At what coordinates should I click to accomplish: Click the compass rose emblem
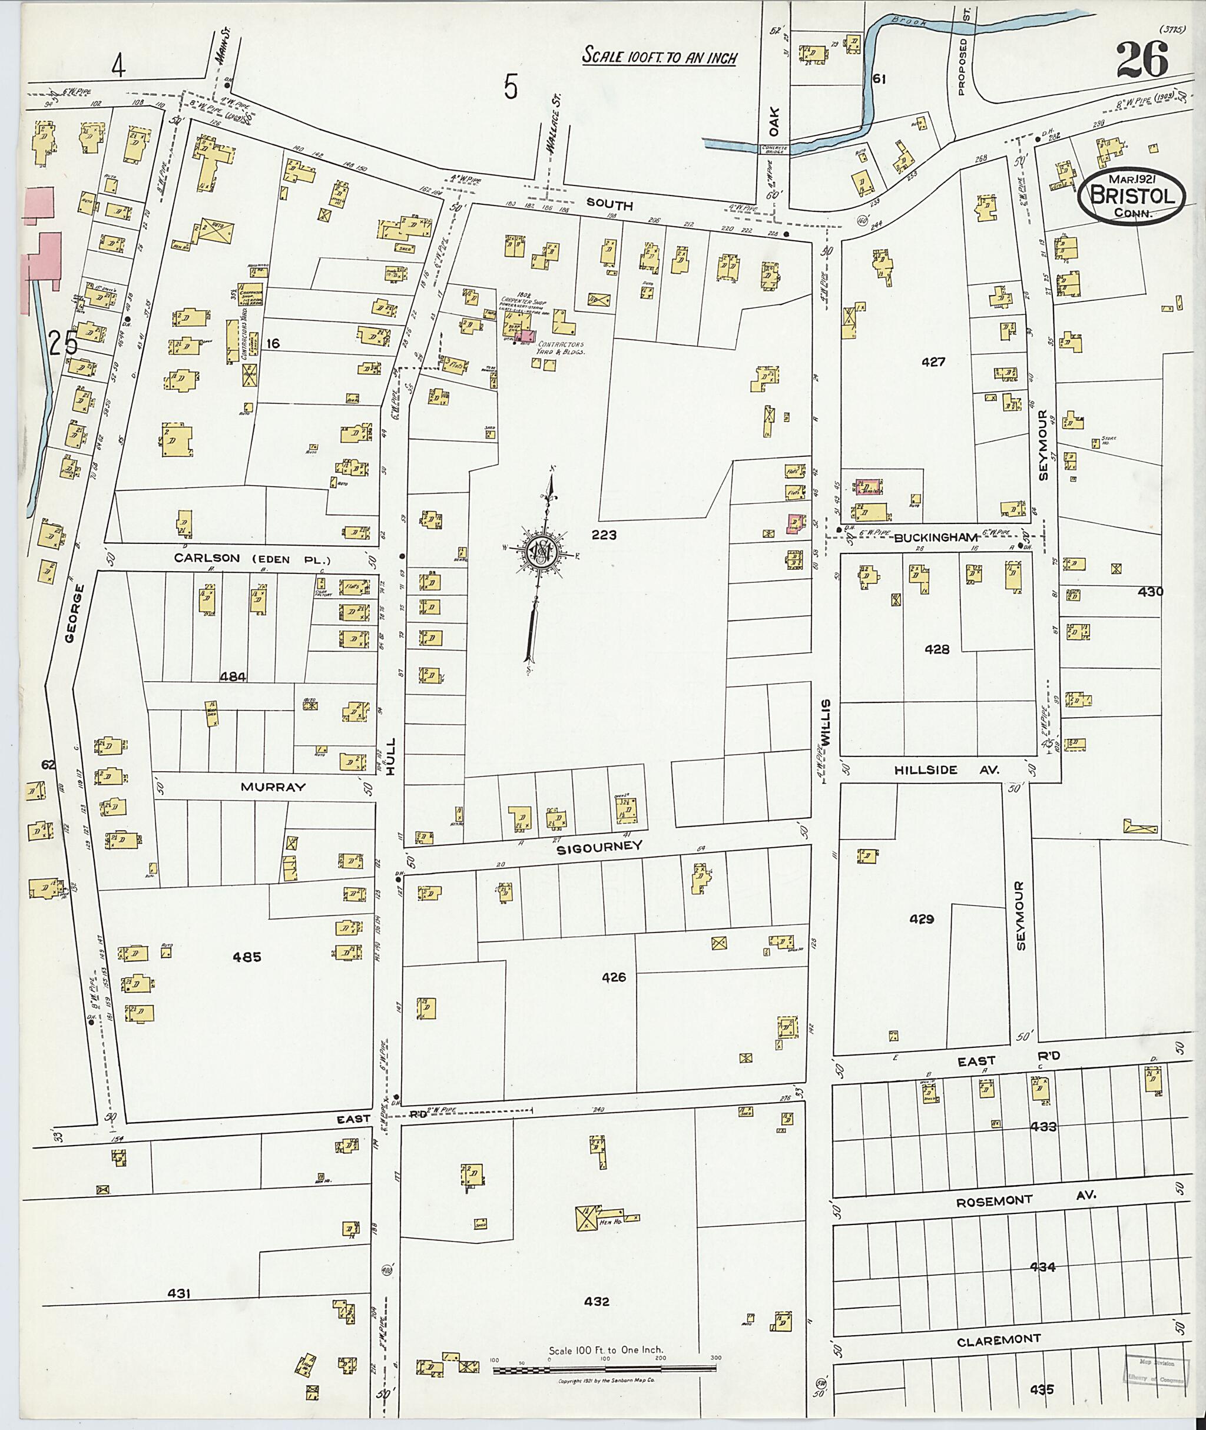[540, 550]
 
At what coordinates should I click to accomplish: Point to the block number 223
[604, 535]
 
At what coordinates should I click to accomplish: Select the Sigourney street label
[599, 846]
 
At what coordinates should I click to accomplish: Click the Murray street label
[272, 787]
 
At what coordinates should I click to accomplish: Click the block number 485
[246, 957]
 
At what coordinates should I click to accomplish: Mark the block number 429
[921, 920]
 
